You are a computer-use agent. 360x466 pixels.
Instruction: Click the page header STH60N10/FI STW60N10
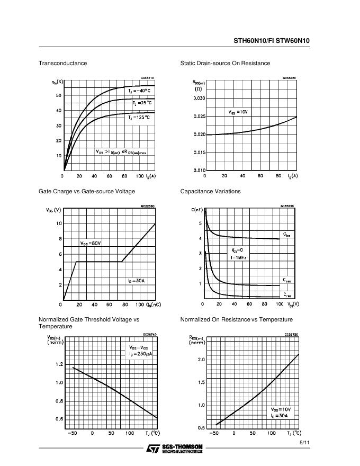[272, 40]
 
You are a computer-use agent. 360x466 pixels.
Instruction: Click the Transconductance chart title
[62, 63]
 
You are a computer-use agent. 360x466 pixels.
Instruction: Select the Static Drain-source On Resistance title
[225, 63]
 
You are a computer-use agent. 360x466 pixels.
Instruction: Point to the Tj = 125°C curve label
[139, 117]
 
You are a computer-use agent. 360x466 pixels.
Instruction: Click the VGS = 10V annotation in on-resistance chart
[238, 112]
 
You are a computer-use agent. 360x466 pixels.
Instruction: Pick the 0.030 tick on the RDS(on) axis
[199, 98]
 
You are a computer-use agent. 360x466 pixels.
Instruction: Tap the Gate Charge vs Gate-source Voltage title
[87, 191]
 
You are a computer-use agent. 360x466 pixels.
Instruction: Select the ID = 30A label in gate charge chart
[136, 281]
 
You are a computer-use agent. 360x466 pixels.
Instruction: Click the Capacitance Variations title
[210, 191]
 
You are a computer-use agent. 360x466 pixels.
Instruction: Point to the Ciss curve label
[286, 235]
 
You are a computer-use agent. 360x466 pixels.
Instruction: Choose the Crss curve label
[286, 295]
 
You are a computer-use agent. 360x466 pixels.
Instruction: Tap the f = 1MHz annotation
[239, 257]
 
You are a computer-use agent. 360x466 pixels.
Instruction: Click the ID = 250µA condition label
[140, 354]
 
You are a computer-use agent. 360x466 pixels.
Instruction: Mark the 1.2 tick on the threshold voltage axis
[59, 364]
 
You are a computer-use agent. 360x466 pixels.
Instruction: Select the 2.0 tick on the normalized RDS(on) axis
[201, 360]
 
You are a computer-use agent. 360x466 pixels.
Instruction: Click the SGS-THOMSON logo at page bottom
[174, 448]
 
